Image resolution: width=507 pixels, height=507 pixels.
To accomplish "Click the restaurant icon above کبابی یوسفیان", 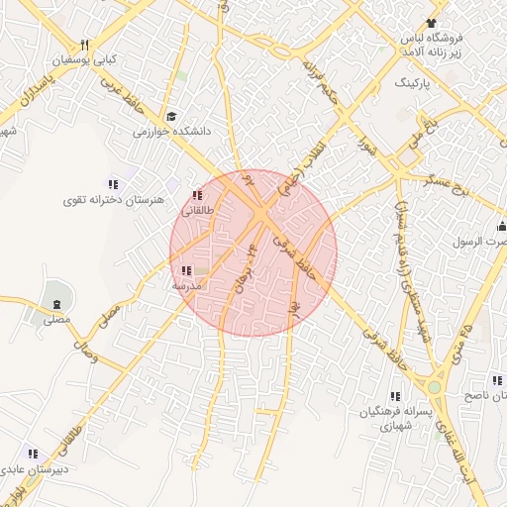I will (85, 45).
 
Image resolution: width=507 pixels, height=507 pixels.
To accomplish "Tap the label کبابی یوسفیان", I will (85, 60).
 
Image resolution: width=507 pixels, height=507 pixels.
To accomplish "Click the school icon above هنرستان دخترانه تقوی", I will (113, 184).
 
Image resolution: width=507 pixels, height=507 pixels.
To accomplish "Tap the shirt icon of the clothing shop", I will (431, 23).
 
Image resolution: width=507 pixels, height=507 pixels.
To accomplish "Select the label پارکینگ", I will (415, 83).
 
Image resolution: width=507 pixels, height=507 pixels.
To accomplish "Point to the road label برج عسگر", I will (451, 189).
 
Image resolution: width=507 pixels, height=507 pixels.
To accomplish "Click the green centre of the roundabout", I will (434, 387).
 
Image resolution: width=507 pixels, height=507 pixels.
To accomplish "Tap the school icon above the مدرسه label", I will (186, 270).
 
